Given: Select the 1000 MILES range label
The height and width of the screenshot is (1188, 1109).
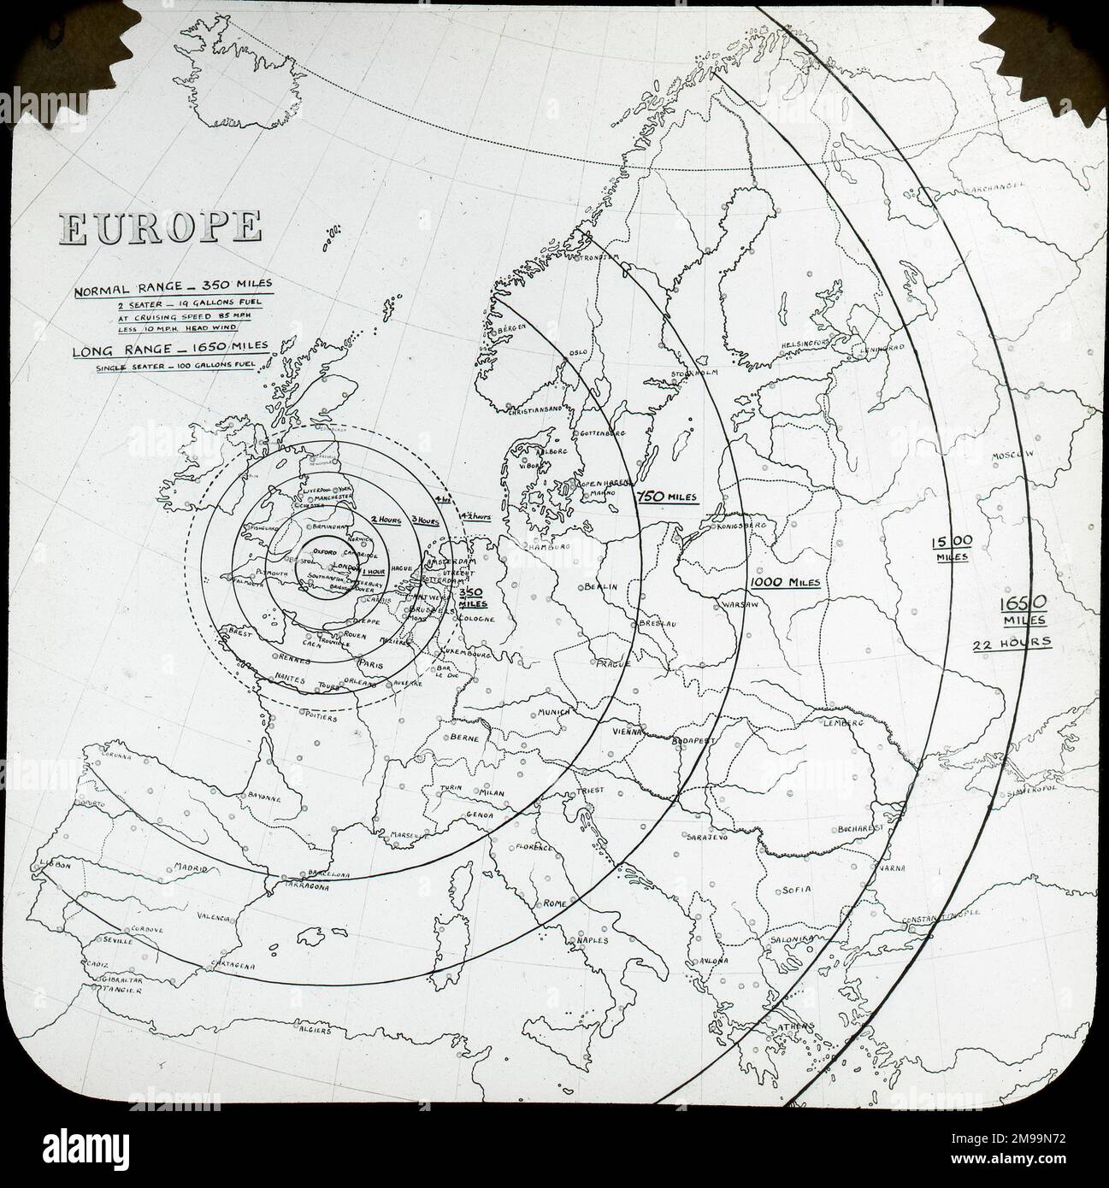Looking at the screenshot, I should click(x=785, y=582).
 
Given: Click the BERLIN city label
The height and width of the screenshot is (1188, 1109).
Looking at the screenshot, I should click(x=602, y=587).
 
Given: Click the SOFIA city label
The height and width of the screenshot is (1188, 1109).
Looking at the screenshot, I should click(x=794, y=890).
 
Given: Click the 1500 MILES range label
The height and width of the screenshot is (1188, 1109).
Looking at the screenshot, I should click(x=951, y=547).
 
